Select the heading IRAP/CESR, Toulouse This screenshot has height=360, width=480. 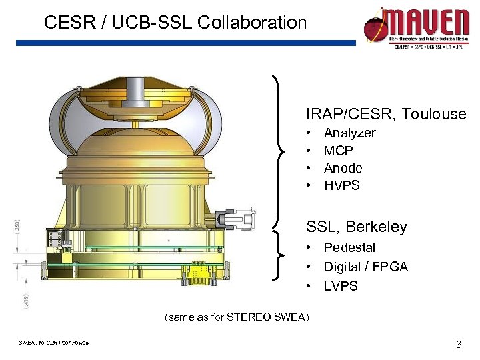click(386, 114)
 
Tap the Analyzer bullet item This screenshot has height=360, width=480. click(349, 133)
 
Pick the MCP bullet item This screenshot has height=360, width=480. click(338, 151)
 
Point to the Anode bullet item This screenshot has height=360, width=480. click(343, 168)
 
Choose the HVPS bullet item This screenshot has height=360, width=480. click(341, 185)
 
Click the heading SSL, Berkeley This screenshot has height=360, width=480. click(356, 227)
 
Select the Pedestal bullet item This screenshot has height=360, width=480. click(349, 247)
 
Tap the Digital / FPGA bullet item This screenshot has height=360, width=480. click(365, 267)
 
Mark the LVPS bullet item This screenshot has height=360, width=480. click(341, 286)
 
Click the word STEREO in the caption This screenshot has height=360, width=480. click(249, 317)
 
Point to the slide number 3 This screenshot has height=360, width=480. click(458, 345)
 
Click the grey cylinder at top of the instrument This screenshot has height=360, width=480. click(136, 87)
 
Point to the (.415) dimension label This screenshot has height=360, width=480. click(16, 298)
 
